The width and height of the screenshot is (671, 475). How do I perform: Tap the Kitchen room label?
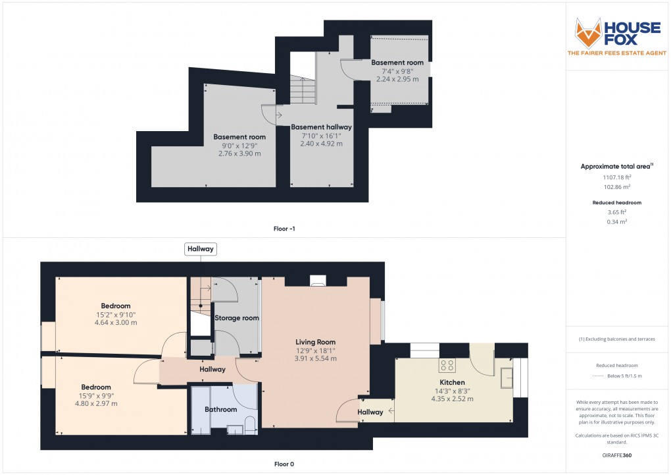pyautogui.click(x=452, y=382)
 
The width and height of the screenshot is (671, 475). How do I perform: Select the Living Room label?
pyautogui.click(x=315, y=342)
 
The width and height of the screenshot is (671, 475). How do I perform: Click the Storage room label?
pyautogui.click(x=237, y=318)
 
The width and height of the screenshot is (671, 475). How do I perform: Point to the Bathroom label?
pyautogui.click(x=221, y=409)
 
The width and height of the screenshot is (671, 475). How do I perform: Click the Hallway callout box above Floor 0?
pyautogui.click(x=200, y=248)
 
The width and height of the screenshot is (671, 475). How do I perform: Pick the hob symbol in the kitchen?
pyautogui.click(x=447, y=365)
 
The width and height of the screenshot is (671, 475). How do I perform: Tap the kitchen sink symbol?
pyautogui.click(x=507, y=377)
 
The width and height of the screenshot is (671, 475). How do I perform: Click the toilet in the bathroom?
pyautogui.click(x=251, y=424)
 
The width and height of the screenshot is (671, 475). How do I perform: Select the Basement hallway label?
pyautogui.click(x=322, y=127)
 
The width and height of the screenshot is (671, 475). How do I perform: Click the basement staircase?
pyautogui.click(x=303, y=89)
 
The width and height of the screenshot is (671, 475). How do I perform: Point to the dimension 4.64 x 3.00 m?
pyautogui.click(x=116, y=322)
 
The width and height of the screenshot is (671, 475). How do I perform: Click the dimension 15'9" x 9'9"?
pyautogui.click(x=96, y=396)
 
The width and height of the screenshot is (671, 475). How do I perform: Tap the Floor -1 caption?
pyautogui.click(x=284, y=229)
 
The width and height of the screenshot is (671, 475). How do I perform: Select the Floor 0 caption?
pyautogui.click(x=284, y=464)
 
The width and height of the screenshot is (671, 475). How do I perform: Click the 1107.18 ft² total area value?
pyautogui.click(x=617, y=177)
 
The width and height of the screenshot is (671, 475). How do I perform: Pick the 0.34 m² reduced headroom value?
pyautogui.click(x=617, y=221)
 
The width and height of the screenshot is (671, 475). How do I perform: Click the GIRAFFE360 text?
pyautogui.click(x=617, y=455)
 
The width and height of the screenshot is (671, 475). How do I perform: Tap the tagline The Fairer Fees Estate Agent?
pyautogui.click(x=616, y=53)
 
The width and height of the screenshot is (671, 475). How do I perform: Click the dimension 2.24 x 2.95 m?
pyautogui.click(x=397, y=79)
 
